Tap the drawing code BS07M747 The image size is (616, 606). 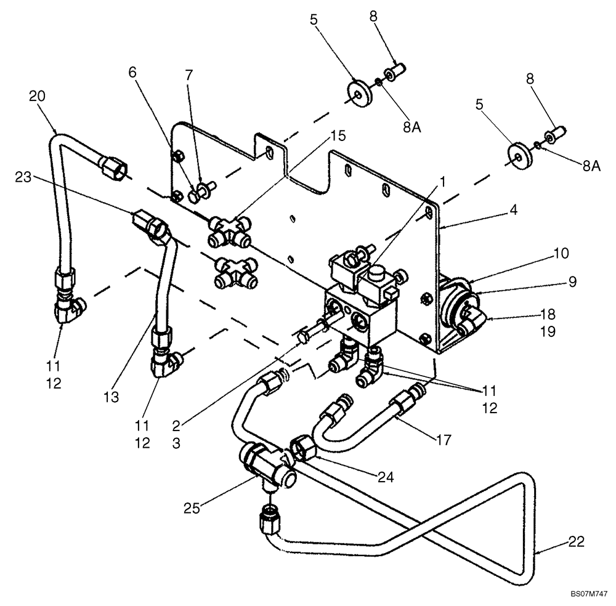click(588, 596)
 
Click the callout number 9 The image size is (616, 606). click(572, 282)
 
